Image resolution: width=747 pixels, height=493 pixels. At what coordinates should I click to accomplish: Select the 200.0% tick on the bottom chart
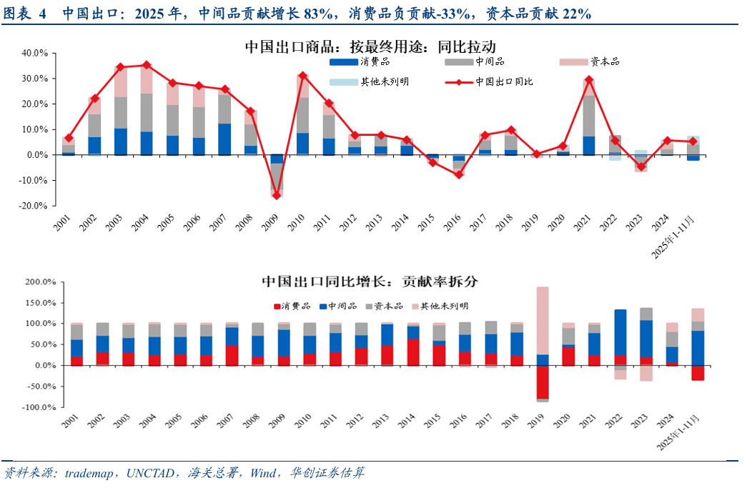(32, 282)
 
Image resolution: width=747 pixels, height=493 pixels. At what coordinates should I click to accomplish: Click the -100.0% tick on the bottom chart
(31, 407)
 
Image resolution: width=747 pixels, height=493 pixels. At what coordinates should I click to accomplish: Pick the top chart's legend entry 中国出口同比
(504, 81)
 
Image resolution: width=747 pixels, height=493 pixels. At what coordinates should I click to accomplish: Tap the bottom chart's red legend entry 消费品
(291, 306)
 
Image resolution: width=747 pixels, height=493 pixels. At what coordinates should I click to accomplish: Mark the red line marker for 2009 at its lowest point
(277, 195)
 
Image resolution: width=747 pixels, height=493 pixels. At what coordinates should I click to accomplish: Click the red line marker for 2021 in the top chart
(589, 80)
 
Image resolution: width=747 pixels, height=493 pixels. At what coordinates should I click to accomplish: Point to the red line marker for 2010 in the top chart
(302, 75)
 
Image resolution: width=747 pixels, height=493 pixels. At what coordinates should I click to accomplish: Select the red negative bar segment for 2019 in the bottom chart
(543, 382)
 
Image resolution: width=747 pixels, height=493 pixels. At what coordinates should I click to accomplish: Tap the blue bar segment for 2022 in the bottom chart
(620, 332)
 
